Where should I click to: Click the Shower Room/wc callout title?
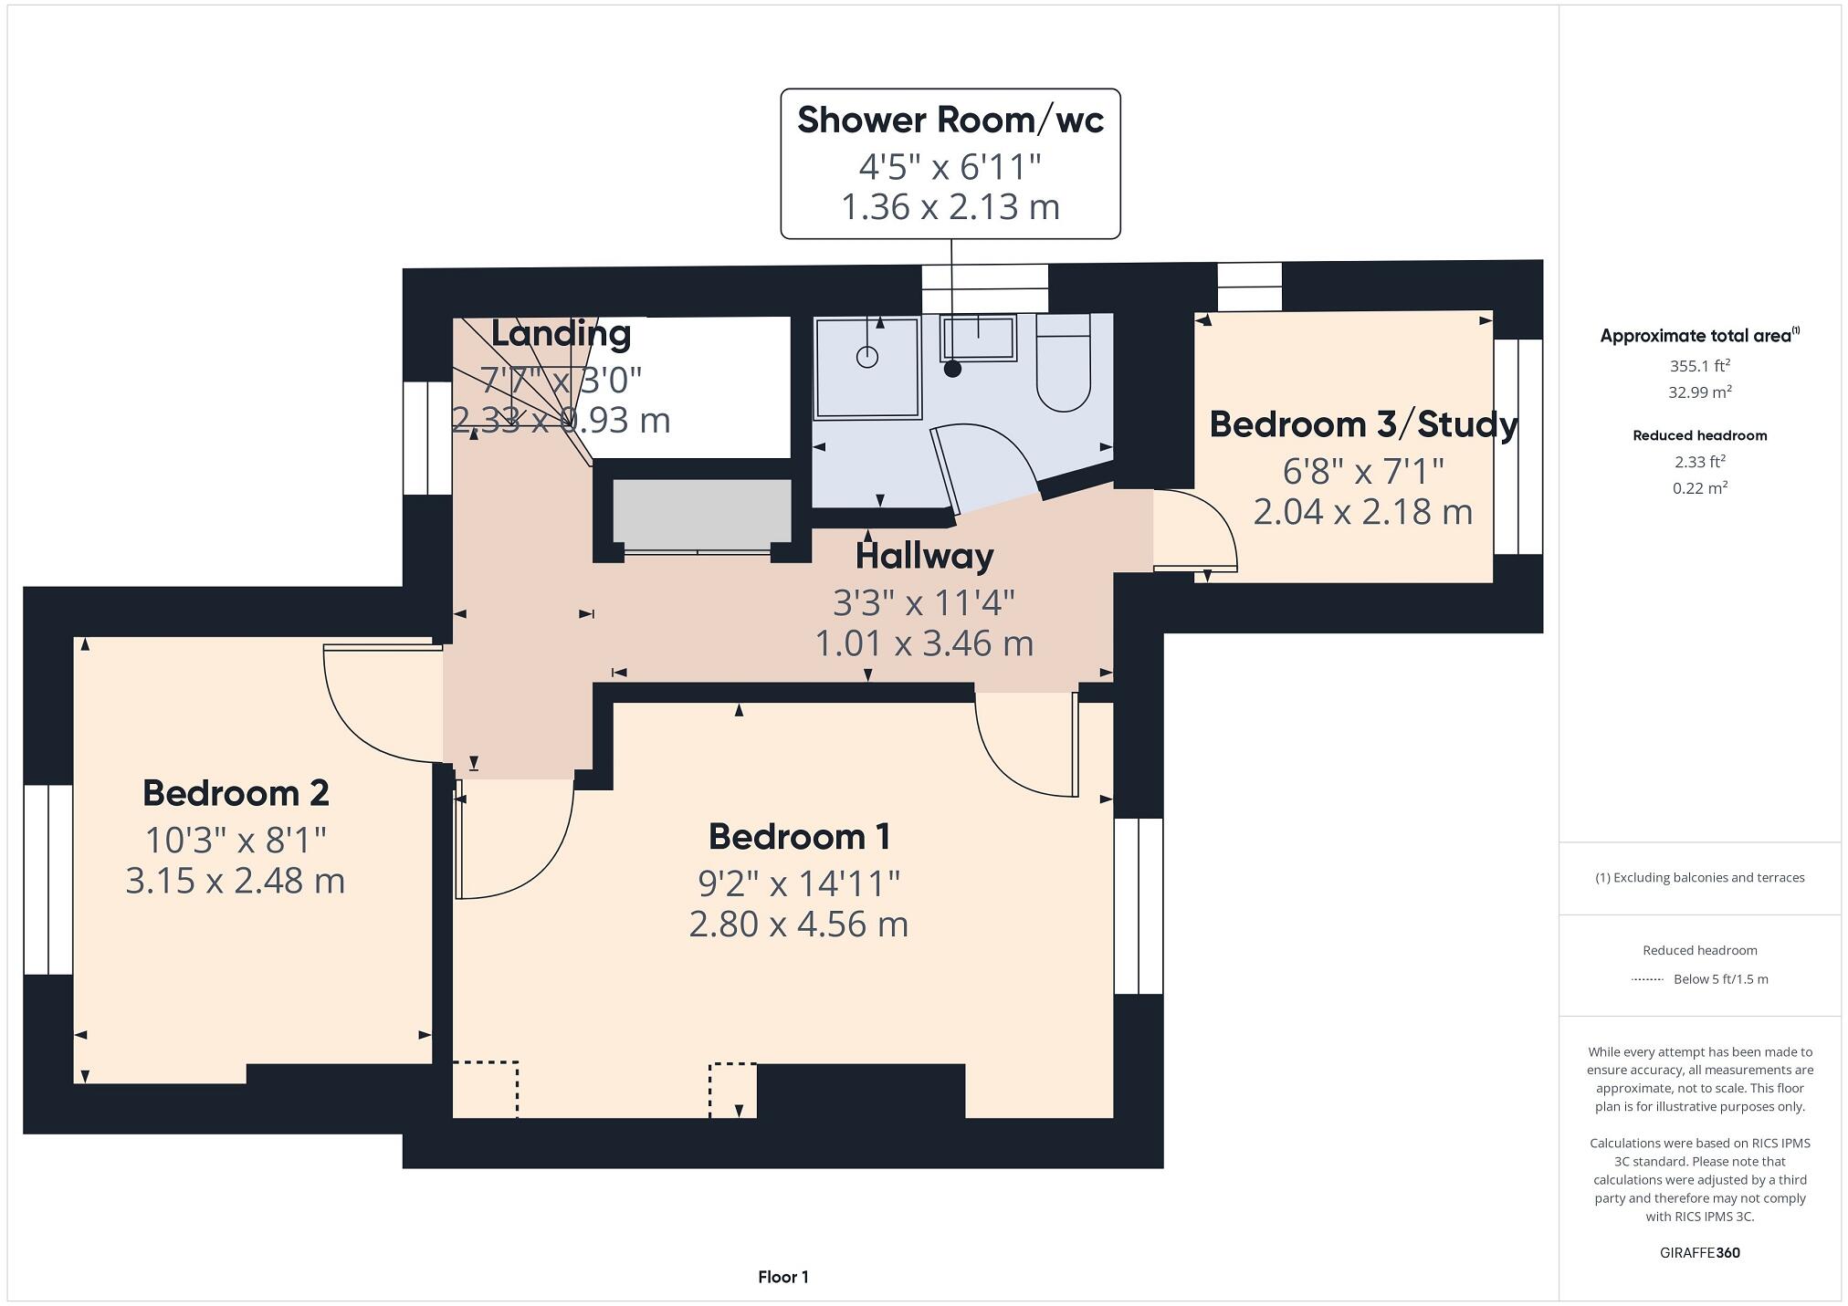click(950, 120)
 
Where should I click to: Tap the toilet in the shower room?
click(1063, 365)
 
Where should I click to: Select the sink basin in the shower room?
click(978, 337)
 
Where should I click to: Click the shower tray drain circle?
click(866, 358)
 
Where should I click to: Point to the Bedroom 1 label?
click(799, 837)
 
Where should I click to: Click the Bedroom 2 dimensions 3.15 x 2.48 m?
click(235, 881)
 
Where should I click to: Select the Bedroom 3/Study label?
click(1362, 424)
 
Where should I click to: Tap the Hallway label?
click(924, 556)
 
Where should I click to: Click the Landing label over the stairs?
click(561, 333)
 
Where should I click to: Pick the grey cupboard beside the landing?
click(701, 514)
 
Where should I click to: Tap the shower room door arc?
click(986, 465)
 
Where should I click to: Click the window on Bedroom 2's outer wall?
click(47, 879)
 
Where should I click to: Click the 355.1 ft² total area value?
click(1699, 366)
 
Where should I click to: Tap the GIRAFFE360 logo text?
click(1699, 1253)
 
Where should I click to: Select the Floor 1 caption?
click(782, 1277)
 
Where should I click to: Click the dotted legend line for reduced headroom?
click(1647, 979)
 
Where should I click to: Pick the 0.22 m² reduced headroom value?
click(1699, 488)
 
